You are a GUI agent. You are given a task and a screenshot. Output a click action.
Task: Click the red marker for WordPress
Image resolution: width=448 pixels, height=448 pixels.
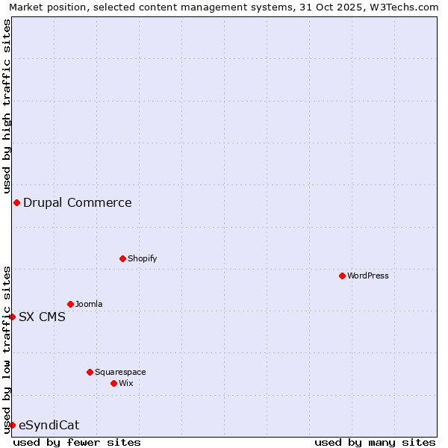coord(343,276)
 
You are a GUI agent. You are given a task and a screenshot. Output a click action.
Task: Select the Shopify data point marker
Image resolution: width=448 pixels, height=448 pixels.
coord(123,258)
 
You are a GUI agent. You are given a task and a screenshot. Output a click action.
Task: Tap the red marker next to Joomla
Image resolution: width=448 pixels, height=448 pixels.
coord(71,304)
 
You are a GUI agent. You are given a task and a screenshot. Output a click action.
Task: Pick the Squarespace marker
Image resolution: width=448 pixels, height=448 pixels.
coord(90,372)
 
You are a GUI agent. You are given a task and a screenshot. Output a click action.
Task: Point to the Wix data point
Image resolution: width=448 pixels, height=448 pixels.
coord(114,383)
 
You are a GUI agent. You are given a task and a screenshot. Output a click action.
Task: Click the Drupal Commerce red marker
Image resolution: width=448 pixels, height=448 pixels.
coord(16,202)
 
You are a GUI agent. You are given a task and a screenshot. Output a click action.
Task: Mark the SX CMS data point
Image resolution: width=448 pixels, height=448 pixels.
coord(12,317)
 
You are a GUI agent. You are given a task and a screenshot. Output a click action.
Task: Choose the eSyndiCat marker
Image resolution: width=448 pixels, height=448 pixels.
coord(12,425)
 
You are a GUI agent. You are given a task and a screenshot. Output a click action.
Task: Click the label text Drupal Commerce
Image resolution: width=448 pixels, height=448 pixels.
coord(78,202)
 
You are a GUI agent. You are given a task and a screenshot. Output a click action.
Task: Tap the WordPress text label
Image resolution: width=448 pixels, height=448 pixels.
coord(368,276)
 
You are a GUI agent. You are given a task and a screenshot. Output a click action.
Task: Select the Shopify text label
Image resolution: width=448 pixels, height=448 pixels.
coord(143,258)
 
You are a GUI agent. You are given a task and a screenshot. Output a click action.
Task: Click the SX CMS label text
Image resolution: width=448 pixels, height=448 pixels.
coord(42,317)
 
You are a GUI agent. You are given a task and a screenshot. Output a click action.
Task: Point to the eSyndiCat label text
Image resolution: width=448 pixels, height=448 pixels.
coord(49,425)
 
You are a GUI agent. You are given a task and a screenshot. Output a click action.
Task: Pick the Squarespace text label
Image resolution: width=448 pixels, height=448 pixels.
coord(120,372)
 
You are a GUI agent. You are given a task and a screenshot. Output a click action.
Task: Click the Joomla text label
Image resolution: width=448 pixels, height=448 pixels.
coord(89,304)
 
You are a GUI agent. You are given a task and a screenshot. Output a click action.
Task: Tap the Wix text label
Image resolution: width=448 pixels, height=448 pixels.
coord(126,383)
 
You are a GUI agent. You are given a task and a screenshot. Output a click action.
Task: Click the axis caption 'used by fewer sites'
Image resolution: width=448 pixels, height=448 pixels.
coord(77,442)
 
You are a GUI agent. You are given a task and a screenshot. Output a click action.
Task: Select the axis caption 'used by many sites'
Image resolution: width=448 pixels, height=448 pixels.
coord(375,442)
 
